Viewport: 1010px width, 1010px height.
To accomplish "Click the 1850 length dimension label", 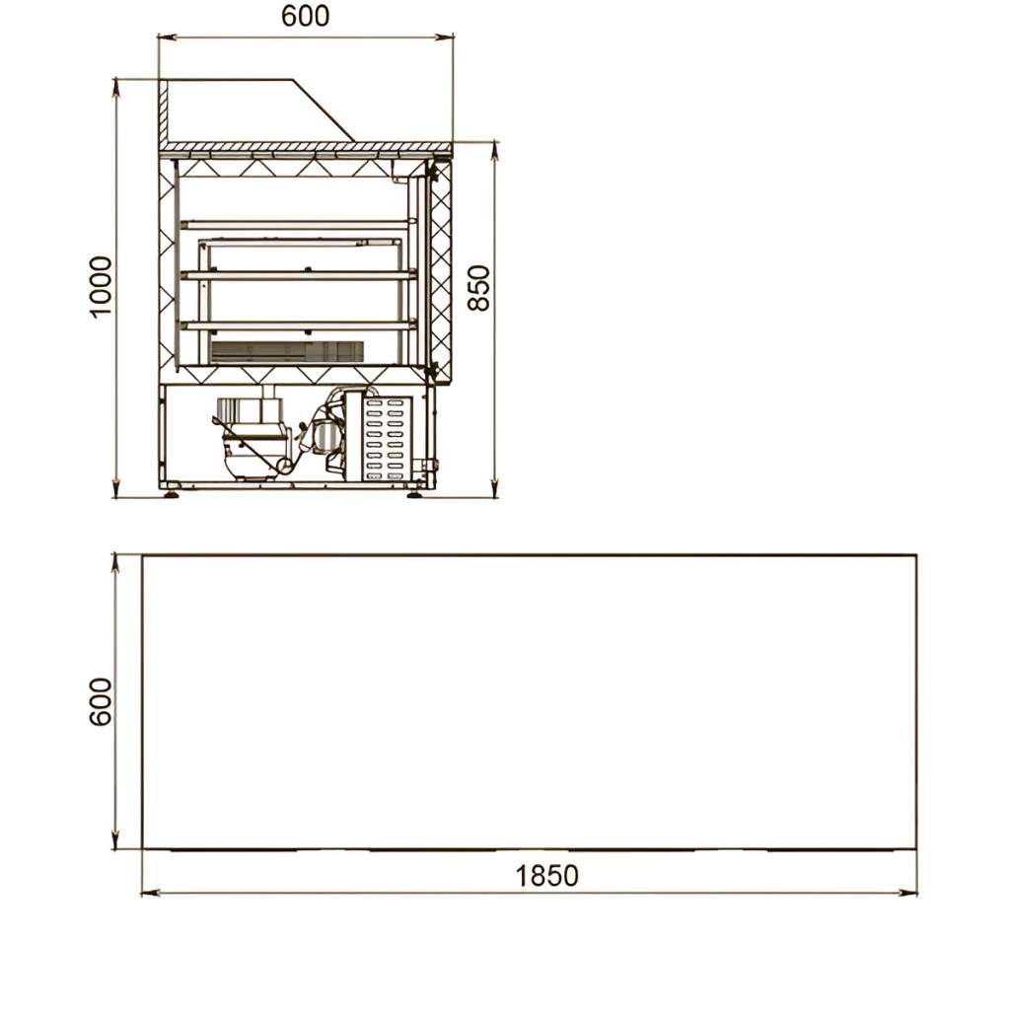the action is pos(546,876).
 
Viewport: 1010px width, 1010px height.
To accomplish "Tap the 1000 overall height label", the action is pos(101,287).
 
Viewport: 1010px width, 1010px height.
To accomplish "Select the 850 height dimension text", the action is pos(478,289).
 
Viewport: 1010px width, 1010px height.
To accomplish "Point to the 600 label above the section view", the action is pos(306,16).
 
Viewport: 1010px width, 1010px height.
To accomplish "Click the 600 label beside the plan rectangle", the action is pos(101,702).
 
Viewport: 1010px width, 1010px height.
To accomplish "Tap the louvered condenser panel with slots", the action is pos(386,439).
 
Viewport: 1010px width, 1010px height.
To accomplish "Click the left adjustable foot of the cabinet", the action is pos(171,494).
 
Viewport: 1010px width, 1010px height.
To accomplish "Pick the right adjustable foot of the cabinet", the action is pos(414,494).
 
